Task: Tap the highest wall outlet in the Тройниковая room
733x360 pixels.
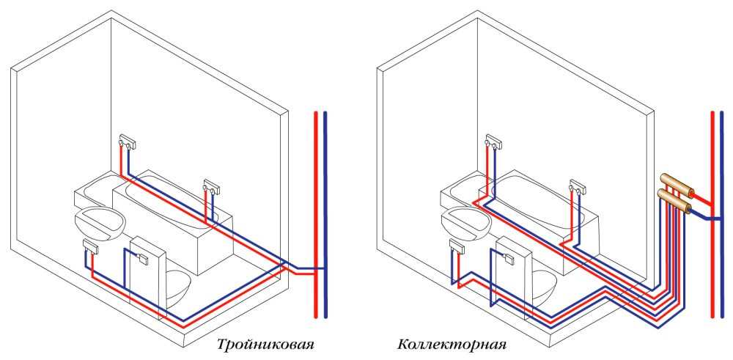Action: click(x=128, y=140)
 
